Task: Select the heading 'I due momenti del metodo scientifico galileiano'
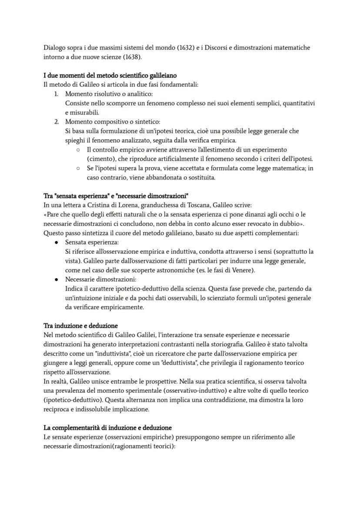(110, 76)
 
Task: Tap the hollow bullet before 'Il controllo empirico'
(77, 150)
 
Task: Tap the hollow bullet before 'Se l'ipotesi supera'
(77, 169)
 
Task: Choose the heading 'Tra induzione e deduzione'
(80, 325)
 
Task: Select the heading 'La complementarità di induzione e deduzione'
(107, 428)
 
